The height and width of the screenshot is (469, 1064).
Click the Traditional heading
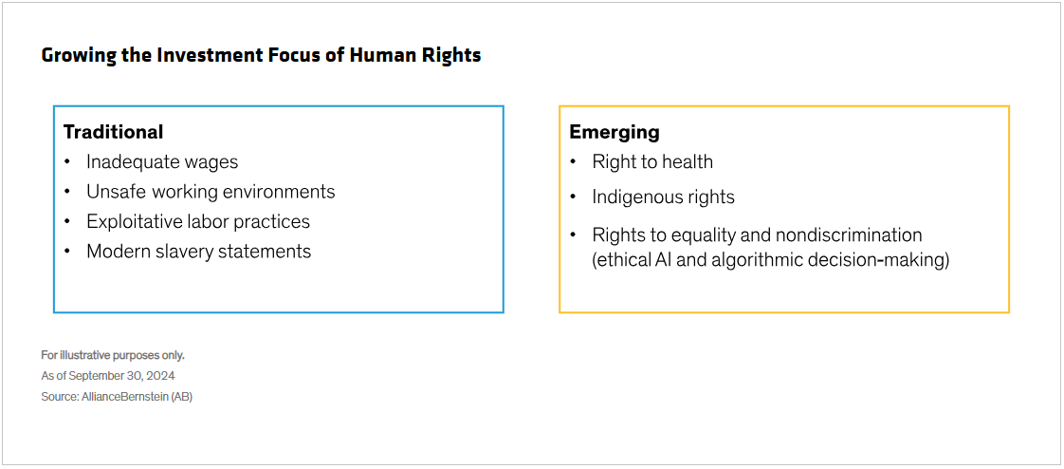pyautogui.click(x=113, y=132)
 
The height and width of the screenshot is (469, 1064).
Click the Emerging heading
pyautogui.click(x=615, y=133)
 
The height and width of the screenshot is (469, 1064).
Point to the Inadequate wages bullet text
pyautogui.click(x=162, y=161)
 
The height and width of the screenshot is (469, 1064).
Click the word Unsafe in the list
pyautogui.click(x=109, y=192)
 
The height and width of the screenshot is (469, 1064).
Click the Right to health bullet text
pyautogui.click(x=652, y=161)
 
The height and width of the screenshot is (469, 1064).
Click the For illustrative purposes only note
pyautogui.click(x=113, y=355)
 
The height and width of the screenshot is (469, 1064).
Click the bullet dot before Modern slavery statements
pyautogui.click(x=67, y=252)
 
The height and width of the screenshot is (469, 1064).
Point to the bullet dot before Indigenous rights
pyautogui.click(x=574, y=197)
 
